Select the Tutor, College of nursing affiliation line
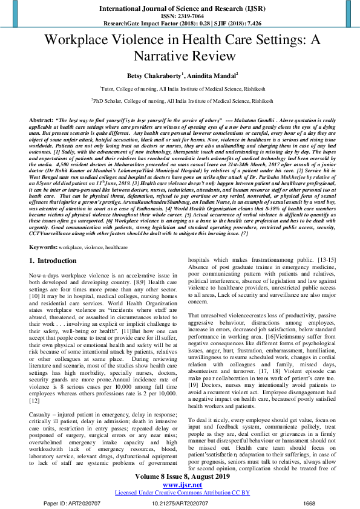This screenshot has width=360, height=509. pyautogui.click(x=180, y=89)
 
